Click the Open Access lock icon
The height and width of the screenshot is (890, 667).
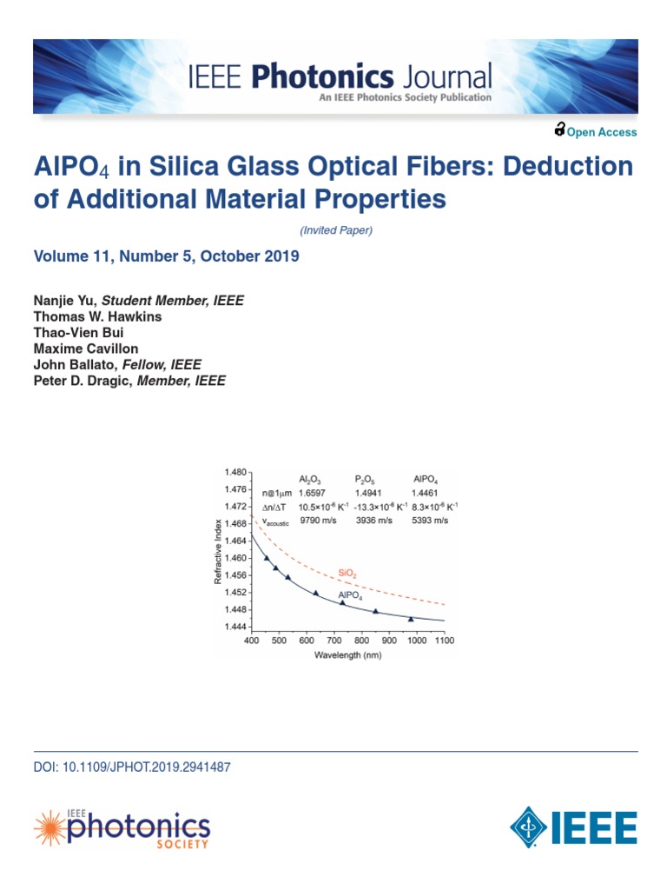pos(559,130)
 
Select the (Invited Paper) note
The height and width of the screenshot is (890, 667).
pos(335,230)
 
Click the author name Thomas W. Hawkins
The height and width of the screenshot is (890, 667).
pos(97,316)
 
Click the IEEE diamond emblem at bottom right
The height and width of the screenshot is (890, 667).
pos(529,827)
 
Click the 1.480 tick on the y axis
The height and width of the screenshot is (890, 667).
pos(235,472)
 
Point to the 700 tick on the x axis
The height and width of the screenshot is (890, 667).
pos(334,641)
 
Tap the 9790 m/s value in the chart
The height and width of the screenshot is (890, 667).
pos(316,520)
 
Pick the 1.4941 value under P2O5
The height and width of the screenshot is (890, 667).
pos(370,493)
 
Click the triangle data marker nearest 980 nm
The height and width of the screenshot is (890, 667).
pos(411,618)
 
